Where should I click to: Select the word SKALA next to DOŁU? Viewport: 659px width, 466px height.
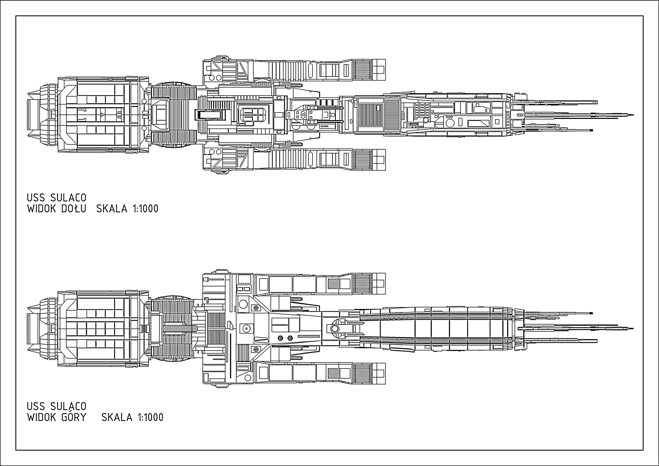pos(112,209)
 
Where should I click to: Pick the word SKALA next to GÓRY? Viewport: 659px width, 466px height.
pos(117,417)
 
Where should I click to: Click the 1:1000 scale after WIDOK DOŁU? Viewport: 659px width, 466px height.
pos(146,209)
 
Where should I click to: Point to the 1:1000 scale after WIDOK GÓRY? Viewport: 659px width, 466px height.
pos(151,417)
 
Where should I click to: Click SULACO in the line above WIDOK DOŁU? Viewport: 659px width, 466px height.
pos(68,198)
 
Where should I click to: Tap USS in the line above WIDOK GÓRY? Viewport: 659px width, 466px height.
pos(36,406)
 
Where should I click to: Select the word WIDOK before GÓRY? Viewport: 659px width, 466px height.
pos(42,417)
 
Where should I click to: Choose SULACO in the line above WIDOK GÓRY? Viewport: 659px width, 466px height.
pos(68,406)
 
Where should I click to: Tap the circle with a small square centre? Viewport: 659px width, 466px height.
pos(246,328)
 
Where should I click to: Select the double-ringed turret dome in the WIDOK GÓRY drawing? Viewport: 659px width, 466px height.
pos(335,328)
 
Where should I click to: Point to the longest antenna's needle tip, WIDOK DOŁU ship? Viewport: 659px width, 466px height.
pos(632,115)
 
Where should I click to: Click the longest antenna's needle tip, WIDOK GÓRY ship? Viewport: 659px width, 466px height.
pos(632,328)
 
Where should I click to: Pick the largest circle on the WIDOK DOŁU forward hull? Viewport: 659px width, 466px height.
pos(450,123)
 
